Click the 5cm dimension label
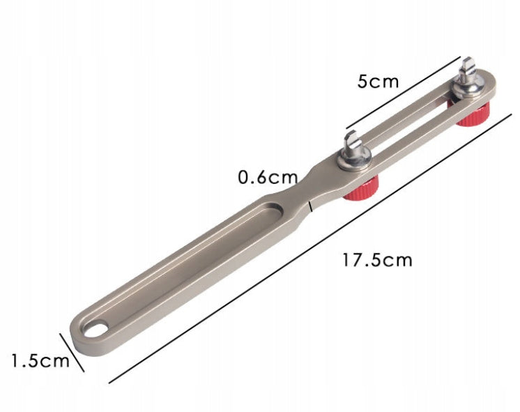point(378,82)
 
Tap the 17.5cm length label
point(377,260)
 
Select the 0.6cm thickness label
point(268,178)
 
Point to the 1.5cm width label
point(40,360)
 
